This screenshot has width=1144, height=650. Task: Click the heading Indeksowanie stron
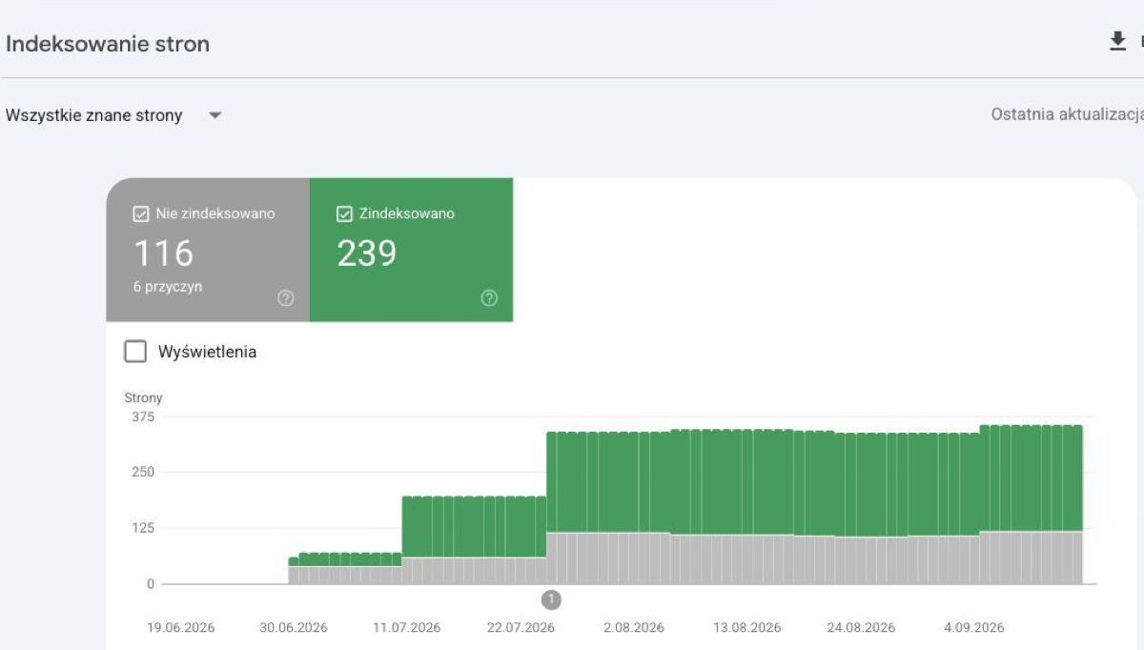click(x=107, y=44)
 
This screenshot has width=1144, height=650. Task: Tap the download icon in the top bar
click(x=1117, y=41)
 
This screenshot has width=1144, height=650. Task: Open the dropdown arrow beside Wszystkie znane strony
click(x=215, y=115)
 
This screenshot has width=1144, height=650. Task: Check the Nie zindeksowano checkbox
click(x=140, y=213)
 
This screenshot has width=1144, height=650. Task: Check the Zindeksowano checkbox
click(x=344, y=213)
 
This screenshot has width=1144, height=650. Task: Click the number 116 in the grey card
click(x=163, y=254)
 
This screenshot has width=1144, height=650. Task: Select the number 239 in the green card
click(x=366, y=254)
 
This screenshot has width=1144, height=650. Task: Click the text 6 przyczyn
click(x=168, y=287)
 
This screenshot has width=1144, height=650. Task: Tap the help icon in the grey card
click(x=285, y=297)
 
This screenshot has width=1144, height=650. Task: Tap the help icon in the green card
click(x=489, y=297)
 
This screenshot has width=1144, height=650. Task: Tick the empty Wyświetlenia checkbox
click(x=135, y=352)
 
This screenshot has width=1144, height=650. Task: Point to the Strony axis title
click(x=143, y=397)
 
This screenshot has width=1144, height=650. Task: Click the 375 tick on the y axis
click(x=142, y=417)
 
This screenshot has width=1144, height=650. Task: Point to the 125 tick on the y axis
click(x=142, y=528)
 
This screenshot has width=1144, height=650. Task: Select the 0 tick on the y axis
click(x=151, y=583)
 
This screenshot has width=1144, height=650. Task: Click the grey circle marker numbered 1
click(x=551, y=599)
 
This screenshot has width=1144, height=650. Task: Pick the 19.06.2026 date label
click(x=181, y=627)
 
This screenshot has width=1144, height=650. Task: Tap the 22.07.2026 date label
click(x=521, y=627)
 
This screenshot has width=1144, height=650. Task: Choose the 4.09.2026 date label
click(x=974, y=627)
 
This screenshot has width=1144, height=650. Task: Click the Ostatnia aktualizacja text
click(x=1068, y=115)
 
